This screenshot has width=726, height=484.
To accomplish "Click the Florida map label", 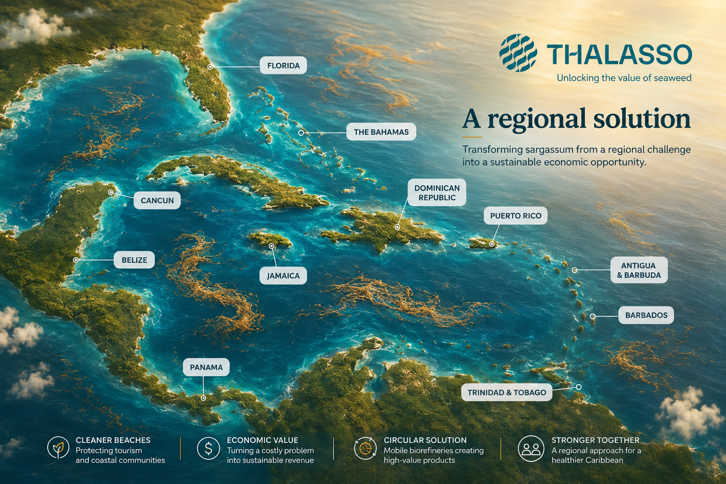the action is click(283, 65).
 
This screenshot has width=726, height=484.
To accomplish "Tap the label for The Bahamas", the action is click(381, 131).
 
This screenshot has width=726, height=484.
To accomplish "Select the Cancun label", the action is click(157, 200).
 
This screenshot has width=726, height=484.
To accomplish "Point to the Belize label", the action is click(134, 259).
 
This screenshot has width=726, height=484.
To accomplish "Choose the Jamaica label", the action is click(283, 276).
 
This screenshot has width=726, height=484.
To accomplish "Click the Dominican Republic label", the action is click(437, 192).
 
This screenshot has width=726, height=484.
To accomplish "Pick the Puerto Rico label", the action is click(516, 216).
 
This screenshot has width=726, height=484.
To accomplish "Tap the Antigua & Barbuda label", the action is click(639, 270).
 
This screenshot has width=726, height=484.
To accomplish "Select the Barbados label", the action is click(646, 315).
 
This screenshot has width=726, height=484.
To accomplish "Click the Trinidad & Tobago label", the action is click(507, 392).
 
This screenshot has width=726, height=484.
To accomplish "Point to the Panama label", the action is click(206, 367).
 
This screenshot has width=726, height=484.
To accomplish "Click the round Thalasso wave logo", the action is click(518, 53).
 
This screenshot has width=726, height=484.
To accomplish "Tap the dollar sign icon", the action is click(208, 448).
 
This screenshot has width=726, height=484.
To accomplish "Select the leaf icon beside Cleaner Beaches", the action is click(58, 448).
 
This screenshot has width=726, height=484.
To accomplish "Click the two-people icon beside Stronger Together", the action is click(531, 449).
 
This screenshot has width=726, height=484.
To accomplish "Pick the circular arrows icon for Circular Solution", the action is click(365, 449).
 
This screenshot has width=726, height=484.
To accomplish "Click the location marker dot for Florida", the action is click(210, 67).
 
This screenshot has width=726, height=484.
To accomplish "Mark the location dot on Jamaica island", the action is click(272, 246).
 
